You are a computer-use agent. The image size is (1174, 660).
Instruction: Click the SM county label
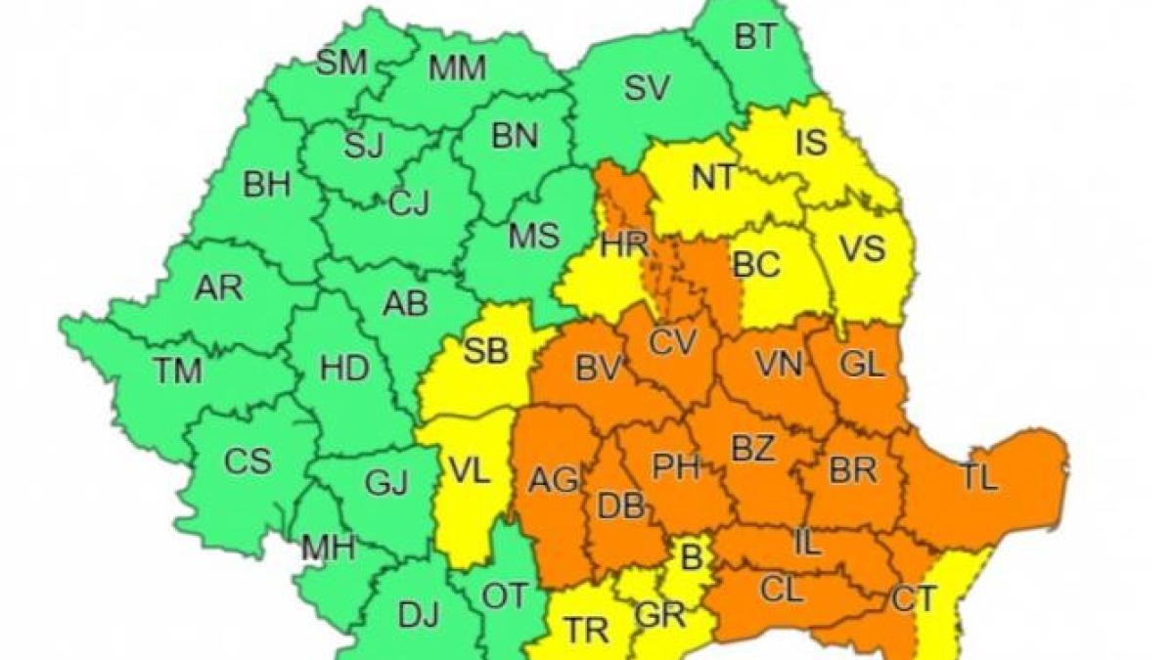pos(341,64)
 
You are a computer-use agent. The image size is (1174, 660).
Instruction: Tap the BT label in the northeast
pos(754,37)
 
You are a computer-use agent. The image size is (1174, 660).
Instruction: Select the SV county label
pos(647,89)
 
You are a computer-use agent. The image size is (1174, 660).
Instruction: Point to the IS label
pos(811,144)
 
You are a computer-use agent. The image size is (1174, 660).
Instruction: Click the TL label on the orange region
pos(977,477)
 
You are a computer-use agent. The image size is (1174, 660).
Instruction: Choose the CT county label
pos(914,597)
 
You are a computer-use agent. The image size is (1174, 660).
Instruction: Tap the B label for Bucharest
pos(692,559)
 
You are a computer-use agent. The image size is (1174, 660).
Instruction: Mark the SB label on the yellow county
pos(485,351)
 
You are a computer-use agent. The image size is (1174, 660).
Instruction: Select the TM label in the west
pos(177,371)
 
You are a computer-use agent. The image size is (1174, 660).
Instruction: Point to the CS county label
pos(248,462)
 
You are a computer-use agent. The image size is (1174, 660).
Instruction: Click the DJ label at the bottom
pos(419,615)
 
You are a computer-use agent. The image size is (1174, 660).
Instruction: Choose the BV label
pos(600,369)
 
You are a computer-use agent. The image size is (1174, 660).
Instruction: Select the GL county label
pos(862,365)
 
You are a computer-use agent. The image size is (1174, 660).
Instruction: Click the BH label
pos(267,185)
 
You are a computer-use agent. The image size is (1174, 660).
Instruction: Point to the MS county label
pos(534,236)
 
